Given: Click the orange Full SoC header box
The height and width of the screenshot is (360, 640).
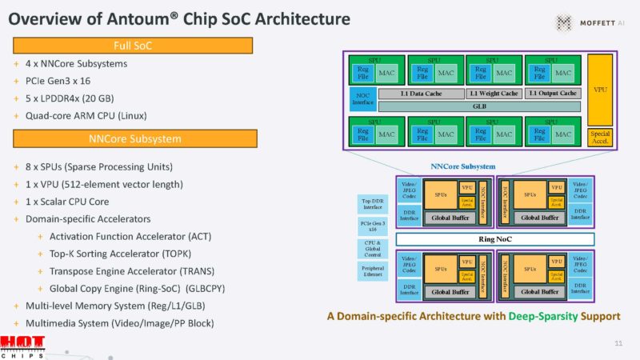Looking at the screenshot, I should point(134,45).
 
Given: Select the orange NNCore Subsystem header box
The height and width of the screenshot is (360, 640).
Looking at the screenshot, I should point(134,138).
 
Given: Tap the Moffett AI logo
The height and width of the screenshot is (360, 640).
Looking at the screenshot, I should point(589,22).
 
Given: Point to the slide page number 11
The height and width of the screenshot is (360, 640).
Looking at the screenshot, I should point(618,343).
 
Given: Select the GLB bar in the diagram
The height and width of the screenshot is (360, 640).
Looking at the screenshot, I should point(479,106).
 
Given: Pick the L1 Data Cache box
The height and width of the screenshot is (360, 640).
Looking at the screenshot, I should point(410,94).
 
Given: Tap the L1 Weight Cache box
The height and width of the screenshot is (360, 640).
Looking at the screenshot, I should point(493,94).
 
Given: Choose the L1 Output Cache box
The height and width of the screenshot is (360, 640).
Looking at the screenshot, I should point(554,94).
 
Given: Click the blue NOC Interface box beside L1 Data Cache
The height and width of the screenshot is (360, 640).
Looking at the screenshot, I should point(362,99).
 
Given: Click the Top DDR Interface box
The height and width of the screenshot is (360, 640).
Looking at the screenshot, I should point(372,205).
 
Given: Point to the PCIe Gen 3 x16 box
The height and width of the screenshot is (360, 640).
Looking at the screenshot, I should point(372,226).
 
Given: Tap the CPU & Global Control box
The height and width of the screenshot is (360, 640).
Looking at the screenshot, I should point(372,249).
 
